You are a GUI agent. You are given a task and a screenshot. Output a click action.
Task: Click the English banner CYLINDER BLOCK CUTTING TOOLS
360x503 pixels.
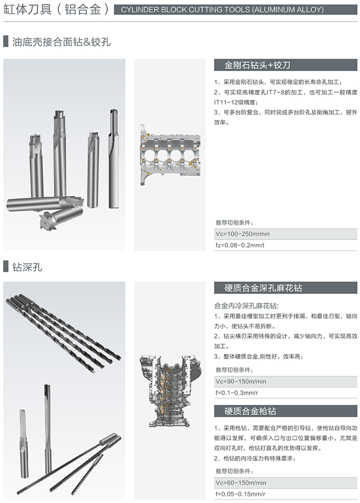(222, 10)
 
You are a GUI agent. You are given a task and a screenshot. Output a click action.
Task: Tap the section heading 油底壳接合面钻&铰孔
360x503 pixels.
(61, 42)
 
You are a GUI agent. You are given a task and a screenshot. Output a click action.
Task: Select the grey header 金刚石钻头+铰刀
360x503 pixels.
(257, 65)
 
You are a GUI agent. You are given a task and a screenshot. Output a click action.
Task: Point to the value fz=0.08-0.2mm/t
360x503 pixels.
(240, 245)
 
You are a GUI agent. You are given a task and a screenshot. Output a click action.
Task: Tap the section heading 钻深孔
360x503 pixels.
(27, 267)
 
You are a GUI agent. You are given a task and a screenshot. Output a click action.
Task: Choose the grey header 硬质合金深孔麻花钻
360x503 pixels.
(263, 288)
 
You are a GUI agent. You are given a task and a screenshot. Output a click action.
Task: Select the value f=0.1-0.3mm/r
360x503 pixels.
(237, 393)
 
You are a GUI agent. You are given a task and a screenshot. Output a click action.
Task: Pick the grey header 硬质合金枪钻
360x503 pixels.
(250, 411)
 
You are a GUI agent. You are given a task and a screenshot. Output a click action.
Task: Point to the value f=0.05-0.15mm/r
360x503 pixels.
(240, 494)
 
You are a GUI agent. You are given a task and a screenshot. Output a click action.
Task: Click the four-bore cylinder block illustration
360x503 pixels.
(170, 155)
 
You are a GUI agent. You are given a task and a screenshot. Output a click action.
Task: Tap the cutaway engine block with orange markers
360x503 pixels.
(170, 390)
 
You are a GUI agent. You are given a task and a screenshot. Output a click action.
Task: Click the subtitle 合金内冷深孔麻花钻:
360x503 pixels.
(246, 306)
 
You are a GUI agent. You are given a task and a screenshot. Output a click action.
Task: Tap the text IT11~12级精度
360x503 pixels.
(236, 102)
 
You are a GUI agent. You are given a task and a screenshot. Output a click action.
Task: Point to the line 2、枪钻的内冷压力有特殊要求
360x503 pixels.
(255, 458)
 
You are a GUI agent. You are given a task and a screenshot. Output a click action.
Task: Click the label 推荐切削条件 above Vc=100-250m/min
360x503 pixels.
(234, 222)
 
